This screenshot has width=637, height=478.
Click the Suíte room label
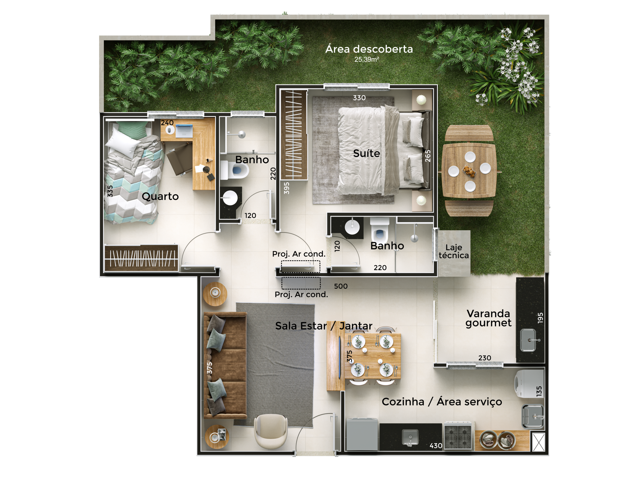click(366, 153)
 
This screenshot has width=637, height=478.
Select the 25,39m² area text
click(367, 59)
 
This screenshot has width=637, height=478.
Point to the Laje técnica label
click(454, 251)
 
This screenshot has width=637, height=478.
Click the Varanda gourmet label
click(488, 318)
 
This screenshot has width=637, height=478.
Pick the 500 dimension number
click(341, 286)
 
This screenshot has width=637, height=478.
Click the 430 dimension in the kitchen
click(436, 446)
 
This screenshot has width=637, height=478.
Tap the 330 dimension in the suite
click(359, 98)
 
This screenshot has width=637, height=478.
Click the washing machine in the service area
click(529, 383)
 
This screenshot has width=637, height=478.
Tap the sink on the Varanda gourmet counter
click(528, 340)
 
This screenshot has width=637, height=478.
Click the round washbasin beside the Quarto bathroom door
click(230, 198)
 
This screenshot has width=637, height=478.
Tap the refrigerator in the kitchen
click(362, 434)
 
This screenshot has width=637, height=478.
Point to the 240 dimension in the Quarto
click(167, 123)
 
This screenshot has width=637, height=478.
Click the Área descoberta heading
click(369, 49)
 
